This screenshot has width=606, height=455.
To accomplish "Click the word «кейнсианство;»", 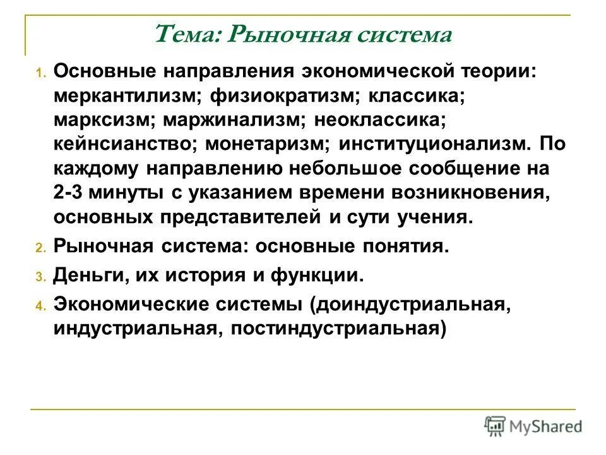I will (x=126, y=143).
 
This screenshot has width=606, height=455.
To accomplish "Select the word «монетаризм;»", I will (x=270, y=143).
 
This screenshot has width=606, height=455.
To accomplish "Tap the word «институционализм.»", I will (x=432, y=143).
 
